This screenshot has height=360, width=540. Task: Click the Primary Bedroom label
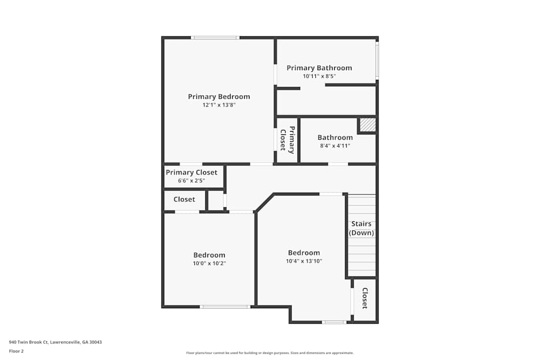point(219,97)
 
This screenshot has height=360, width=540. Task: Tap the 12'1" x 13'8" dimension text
point(219,105)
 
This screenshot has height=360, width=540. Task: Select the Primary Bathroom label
point(319,68)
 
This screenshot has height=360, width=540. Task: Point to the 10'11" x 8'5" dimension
point(319,77)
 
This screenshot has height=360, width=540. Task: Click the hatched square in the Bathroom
point(368,125)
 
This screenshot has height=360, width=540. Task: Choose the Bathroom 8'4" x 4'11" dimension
point(335,146)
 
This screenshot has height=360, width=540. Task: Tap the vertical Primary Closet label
point(288,140)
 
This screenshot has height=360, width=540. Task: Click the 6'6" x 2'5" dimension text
point(192,181)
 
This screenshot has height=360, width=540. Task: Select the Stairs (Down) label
point(361,228)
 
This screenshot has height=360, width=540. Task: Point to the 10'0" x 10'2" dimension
point(210,263)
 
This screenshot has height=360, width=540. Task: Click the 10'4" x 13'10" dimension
point(304,261)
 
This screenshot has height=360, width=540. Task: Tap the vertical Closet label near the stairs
point(365,298)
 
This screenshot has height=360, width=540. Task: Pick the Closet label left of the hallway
point(184,200)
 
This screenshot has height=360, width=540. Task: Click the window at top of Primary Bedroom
point(215,38)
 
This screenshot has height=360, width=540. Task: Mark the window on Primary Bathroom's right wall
point(377,59)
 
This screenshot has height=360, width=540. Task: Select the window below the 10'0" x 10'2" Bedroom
point(225,307)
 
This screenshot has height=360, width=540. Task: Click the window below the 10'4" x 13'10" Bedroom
point(334,322)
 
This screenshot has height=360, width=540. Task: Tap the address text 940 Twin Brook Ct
point(29,342)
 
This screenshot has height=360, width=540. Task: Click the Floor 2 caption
point(16,351)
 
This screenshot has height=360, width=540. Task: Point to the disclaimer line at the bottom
point(270,353)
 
